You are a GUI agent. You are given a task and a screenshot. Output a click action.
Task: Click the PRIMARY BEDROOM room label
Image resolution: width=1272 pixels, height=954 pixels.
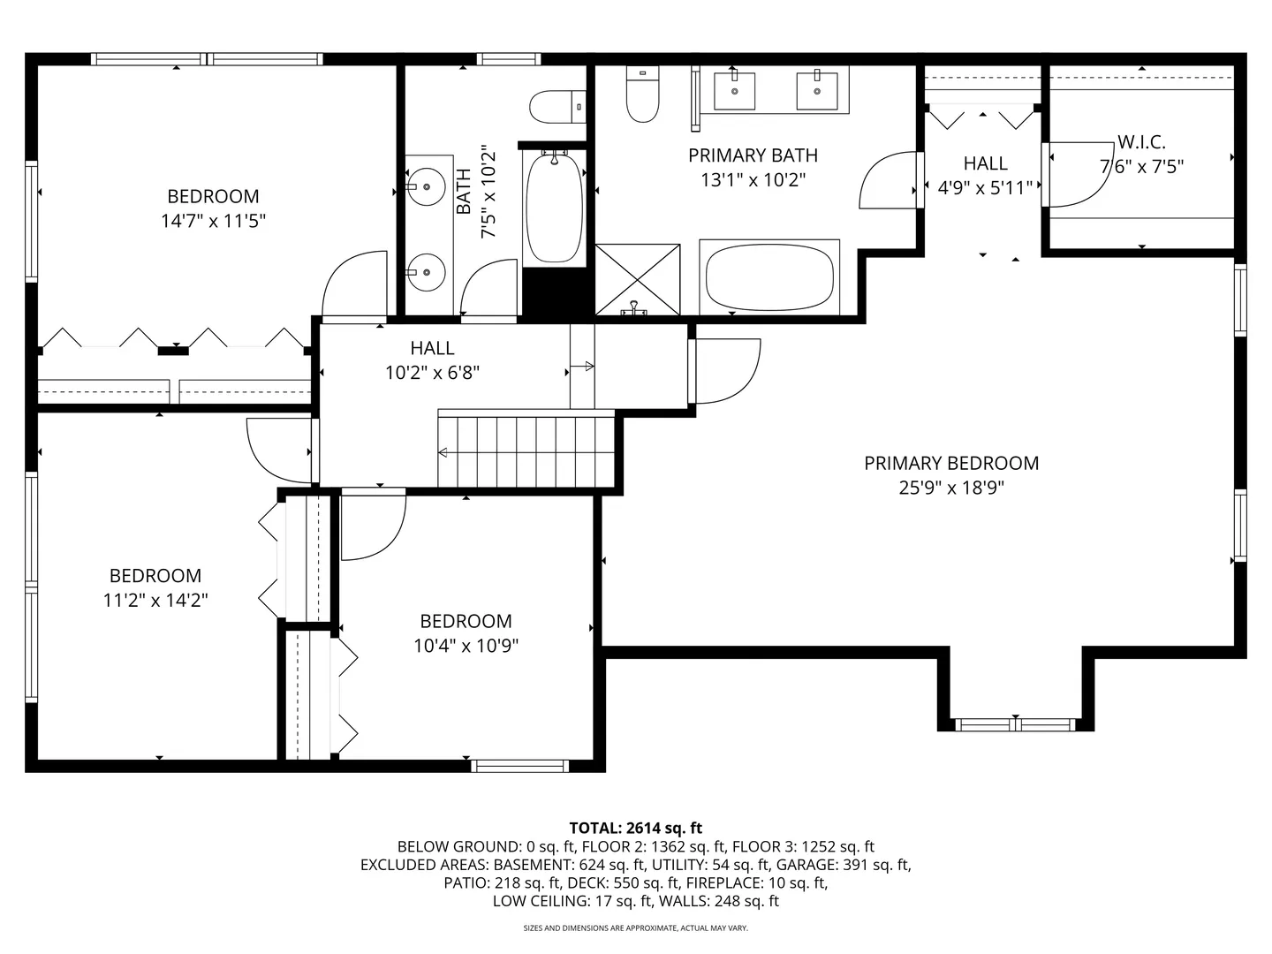click(x=951, y=463)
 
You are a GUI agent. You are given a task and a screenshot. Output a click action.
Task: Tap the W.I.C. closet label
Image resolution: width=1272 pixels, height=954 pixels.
click(x=1141, y=142)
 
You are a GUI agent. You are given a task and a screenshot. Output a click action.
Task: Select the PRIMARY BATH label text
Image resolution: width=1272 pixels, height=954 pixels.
click(x=753, y=155)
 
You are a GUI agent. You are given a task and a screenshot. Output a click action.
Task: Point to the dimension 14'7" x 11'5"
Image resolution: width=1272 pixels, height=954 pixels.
click(x=213, y=221)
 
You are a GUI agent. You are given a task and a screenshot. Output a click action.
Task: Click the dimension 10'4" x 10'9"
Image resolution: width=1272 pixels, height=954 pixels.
click(x=466, y=645)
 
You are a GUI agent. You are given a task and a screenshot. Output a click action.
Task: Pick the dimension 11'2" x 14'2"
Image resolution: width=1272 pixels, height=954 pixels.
click(x=155, y=600)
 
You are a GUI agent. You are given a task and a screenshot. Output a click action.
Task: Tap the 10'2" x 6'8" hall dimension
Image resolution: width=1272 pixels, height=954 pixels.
click(x=432, y=373)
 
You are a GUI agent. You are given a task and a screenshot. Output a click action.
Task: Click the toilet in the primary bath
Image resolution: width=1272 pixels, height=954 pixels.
click(x=643, y=95)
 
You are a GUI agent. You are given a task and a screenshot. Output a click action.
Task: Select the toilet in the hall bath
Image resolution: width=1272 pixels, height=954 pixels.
click(x=557, y=107)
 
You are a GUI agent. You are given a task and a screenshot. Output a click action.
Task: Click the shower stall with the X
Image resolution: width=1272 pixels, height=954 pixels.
click(x=638, y=280)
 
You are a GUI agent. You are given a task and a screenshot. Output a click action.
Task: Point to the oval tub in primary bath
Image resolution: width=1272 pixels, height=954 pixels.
click(x=769, y=278)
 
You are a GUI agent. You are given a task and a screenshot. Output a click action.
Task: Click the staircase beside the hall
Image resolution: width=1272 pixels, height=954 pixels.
click(x=526, y=449)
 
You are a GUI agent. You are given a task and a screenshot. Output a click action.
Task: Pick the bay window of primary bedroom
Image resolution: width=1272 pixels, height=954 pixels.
click(x=1015, y=724)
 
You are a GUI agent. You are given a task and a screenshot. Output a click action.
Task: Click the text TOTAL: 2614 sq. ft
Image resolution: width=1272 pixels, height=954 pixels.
click(x=636, y=828)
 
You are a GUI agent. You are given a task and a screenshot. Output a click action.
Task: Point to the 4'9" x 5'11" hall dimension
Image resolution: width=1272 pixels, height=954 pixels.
click(x=985, y=187)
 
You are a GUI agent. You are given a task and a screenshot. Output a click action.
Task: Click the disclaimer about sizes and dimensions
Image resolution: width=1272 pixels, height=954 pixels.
click(x=636, y=927)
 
